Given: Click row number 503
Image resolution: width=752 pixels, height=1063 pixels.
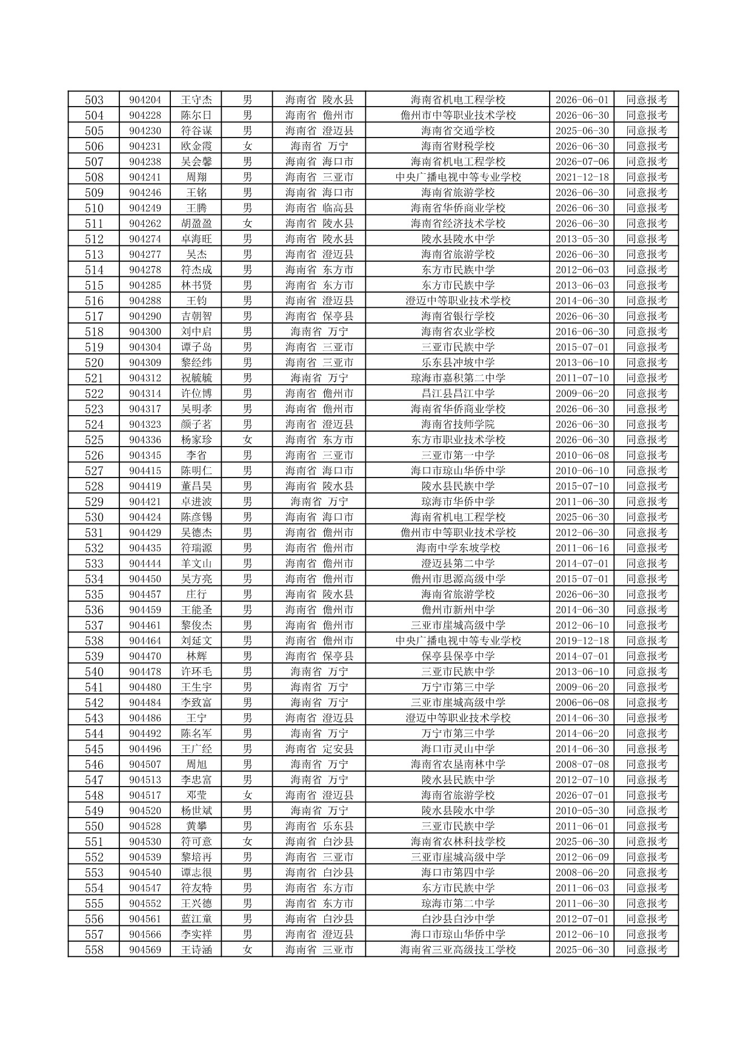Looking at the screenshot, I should tap(94, 100).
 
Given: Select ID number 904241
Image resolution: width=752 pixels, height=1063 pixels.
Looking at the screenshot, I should tap(145, 177).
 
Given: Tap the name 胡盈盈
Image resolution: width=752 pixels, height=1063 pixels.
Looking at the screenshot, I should tap(196, 224).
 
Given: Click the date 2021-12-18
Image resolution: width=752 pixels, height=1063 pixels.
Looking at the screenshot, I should tap(582, 177).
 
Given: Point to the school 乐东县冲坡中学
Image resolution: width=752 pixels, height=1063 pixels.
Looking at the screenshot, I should tap(458, 362).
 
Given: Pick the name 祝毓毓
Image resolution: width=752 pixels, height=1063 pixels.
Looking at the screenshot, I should tap(196, 378).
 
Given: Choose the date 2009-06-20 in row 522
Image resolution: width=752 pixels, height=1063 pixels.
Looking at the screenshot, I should tap(582, 393).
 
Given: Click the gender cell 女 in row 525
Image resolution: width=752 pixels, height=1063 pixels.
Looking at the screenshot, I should tap(247, 440).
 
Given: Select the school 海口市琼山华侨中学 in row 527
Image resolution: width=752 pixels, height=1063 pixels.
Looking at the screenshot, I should tap(458, 471).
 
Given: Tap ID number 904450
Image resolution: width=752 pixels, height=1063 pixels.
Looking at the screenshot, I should tap(145, 579).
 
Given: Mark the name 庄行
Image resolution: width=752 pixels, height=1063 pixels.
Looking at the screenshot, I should tap(196, 595).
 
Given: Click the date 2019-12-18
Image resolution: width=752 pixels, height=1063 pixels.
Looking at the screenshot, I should tap(582, 641).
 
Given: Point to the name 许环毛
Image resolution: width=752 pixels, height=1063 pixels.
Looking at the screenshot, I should tap(196, 671).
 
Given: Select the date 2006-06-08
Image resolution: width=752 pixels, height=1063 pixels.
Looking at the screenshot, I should tap(582, 702).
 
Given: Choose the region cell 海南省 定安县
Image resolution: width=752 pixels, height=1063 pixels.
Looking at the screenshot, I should tap(319, 749).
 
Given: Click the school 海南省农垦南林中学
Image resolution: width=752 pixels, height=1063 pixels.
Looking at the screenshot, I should tap(458, 764).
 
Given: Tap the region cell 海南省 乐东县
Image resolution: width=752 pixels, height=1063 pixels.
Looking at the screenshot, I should tap(319, 826).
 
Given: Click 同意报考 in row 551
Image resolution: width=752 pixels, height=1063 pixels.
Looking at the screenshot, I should tap(647, 842).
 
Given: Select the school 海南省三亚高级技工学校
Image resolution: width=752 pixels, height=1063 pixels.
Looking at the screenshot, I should tap(458, 950).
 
